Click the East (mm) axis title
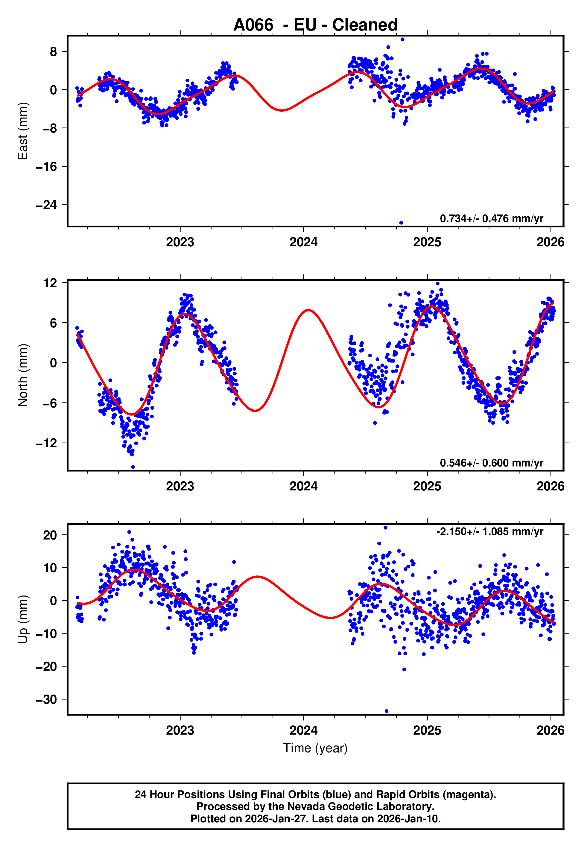pos(23,131)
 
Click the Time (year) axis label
pos(315,748)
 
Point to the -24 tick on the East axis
pos(47,205)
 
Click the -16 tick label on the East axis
pos(47,167)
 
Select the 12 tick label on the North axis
pos(50,283)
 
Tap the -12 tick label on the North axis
pos(47,443)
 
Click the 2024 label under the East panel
pos(303,242)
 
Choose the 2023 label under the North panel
pos(180,486)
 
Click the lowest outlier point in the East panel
pos(401,223)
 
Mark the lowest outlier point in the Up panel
pos(386,711)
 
